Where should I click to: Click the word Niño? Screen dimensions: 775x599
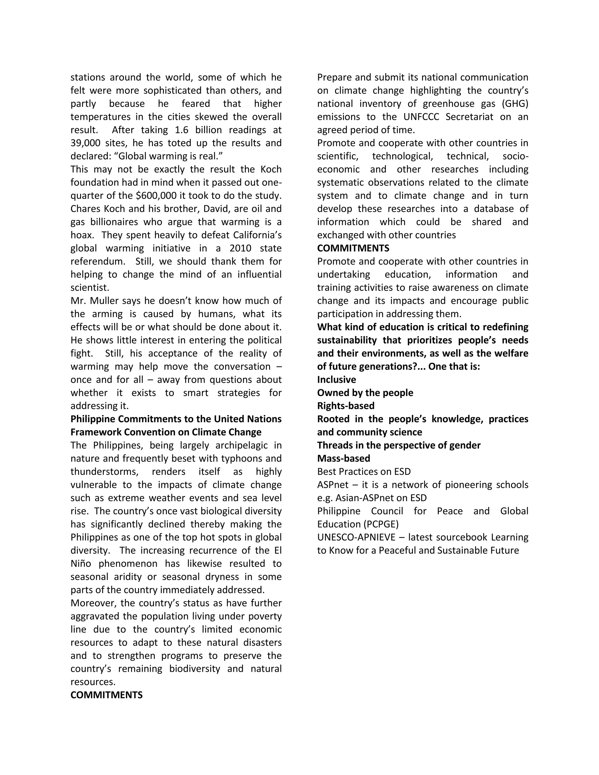coord(82,564)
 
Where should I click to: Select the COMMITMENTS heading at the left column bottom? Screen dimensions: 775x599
coord(106,695)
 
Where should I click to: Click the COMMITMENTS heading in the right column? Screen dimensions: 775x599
coord(353,248)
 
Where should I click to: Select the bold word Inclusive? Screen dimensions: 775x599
coord(336,380)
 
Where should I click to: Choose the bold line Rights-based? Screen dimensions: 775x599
coord(346,406)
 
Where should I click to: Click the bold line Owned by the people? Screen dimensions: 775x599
coord(365,393)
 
